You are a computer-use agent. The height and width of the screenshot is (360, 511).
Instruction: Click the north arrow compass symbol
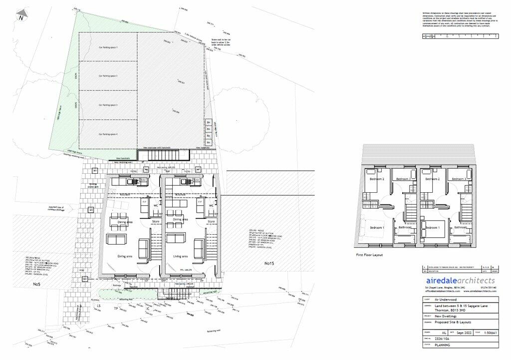[21, 17]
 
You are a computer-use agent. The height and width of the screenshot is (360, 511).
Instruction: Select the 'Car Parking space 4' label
[108, 134]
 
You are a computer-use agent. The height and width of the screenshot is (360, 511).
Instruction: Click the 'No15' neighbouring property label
[270, 263]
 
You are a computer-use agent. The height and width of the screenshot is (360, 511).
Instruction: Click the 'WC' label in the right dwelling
[211, 205]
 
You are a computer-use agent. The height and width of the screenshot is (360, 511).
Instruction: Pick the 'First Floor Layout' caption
[370, 254]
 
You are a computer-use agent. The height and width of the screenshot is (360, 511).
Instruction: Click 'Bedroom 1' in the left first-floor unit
[376, 228]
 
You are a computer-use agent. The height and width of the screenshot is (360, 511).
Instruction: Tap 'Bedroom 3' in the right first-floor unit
[458, 179]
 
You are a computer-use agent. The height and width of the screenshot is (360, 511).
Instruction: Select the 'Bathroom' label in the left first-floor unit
[405, 228]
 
